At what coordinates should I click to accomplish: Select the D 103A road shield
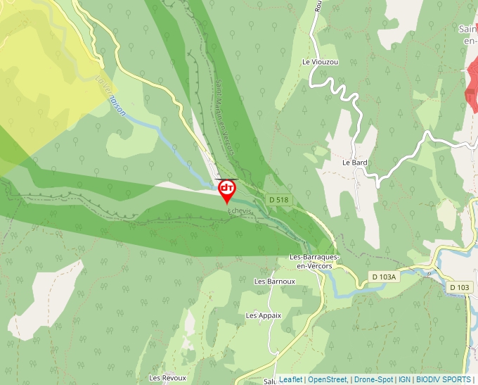pos(385,277)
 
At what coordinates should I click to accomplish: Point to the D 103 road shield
pos(459,287)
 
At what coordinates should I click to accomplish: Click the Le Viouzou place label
pos(320,62)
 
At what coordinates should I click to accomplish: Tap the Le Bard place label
pos(355,163)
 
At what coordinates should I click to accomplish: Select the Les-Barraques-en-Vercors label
pos(315,261)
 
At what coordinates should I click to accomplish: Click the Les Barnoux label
pos(275,282)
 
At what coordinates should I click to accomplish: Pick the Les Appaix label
pos(264,315)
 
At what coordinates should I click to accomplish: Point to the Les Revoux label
pos(167,378)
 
